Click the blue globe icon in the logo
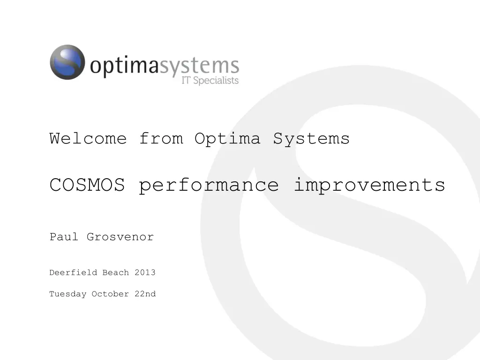click(x=67, y=62)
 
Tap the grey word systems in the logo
click(x=199, y=67)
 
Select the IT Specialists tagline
click(x=210, y=81)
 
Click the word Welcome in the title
click(x=88, y=139)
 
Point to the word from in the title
click(x=161, y=139)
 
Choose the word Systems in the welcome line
click(x=312, y=139)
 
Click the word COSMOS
click(x=87, y=185)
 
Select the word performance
click(x=209, y=186)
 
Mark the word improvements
click(x=369, y=186)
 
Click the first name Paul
click(x=64, y=237)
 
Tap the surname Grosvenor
click(x=120, y=237)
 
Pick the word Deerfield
click(x=73, y=272)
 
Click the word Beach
click(x=116, y=272)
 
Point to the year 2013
click(x=145, y=272)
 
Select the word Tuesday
click(x=68, y=294)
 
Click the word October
click(x=110, y=294)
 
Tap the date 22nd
click(x=145, y=294)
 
